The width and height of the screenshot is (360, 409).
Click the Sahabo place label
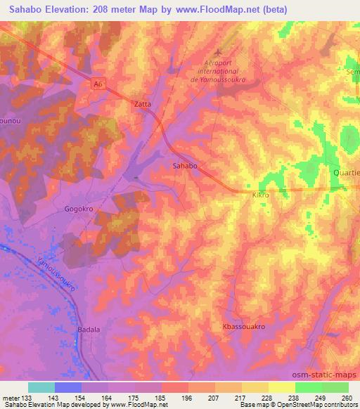pos(184,167)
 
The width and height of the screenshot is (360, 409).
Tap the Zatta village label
pos(143,103)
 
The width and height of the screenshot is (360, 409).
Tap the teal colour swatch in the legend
pos(41,387)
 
